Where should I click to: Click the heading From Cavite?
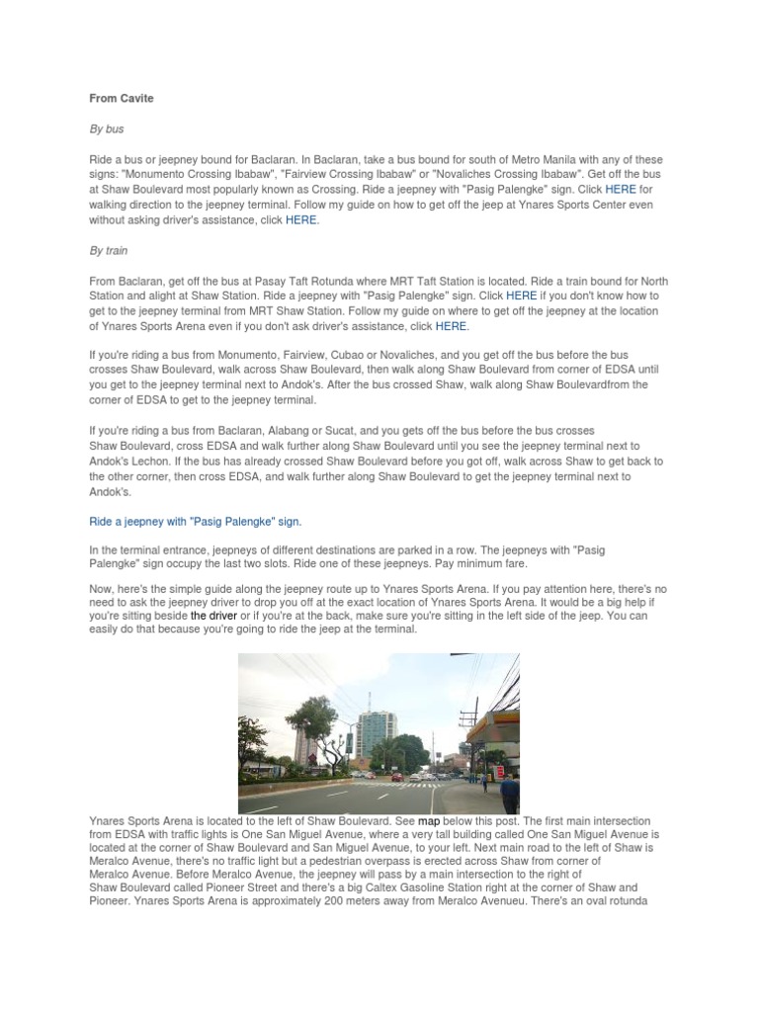pos(122,99)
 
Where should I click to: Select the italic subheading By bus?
pos(109,129)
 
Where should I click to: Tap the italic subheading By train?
pos(111,250)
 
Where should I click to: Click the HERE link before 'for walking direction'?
pos(621,190)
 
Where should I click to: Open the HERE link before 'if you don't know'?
pos(521,295)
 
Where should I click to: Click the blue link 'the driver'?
pos(213,615)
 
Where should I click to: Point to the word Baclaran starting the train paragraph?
pos(148,281)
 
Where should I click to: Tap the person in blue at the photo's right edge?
pos(509,792)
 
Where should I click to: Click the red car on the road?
pos(396,778)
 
